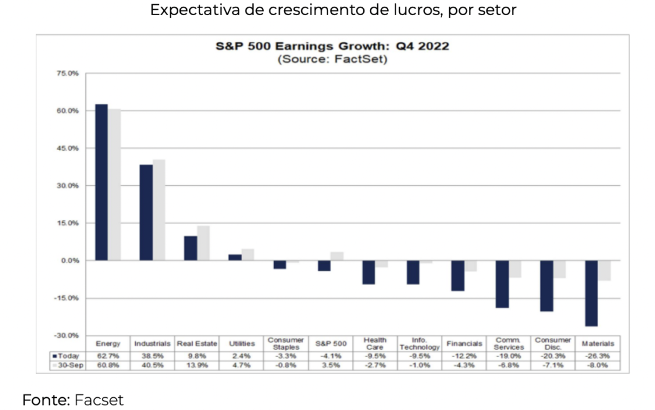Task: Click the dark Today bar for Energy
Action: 101,182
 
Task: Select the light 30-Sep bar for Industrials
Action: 159,210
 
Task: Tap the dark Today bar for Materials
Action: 591,293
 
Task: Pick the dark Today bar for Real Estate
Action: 190,248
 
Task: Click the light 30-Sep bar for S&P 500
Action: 337,256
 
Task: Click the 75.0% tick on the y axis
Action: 69,73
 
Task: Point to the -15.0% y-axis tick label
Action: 67,298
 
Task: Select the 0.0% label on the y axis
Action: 70,261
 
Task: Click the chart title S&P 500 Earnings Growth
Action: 332,47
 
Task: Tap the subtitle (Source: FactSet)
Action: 332,60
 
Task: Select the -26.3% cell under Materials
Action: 597,356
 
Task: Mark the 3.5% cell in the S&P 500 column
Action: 331,366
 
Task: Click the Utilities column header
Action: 241,344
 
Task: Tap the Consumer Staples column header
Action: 286,344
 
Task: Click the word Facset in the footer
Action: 99,400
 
